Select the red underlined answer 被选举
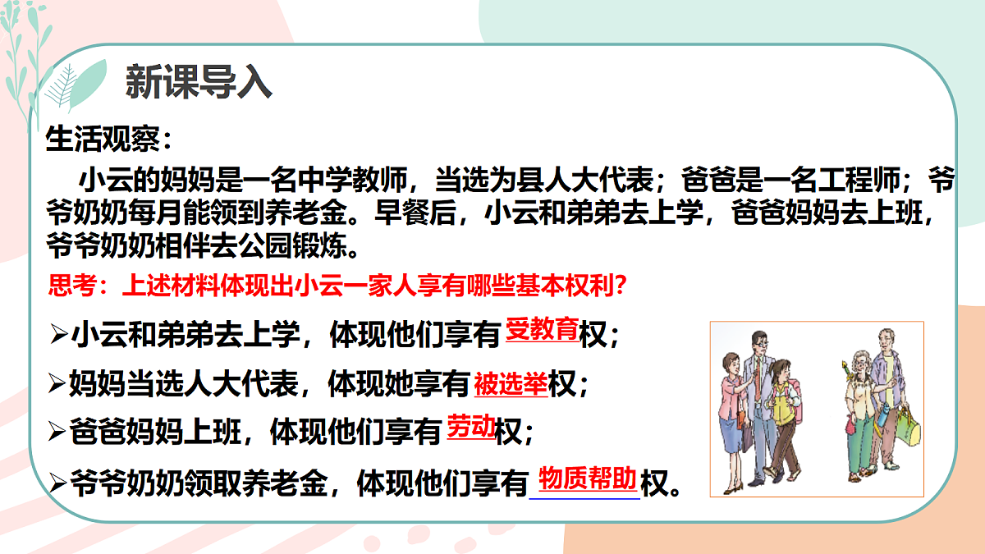click(x=511, y=382)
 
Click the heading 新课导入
click(x=198, y=83)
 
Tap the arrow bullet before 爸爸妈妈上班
click(x=57, y=432)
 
